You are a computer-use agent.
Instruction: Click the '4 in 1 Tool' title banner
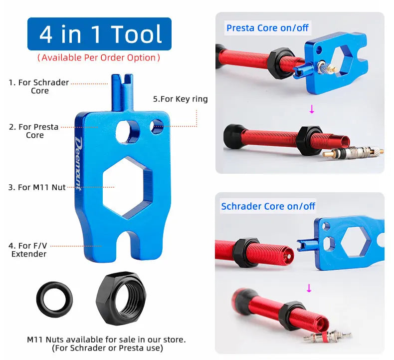[x=99, y=34]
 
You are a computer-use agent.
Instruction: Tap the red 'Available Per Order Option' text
[x=99, y=57]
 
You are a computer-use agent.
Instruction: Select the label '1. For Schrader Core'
[x=39, y=86]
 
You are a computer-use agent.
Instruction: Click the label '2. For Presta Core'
[x=34, y=131]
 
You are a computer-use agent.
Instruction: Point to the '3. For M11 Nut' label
[x=37, y=187]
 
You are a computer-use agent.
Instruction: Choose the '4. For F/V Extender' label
[x=28, y=250]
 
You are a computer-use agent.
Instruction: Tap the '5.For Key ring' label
[x=181, y=99]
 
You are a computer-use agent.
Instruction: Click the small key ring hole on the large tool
[x=156, y=126]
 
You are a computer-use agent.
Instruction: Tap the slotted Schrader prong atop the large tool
[x=122, y=92]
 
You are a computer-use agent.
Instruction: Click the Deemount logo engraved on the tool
[x=78, y=163]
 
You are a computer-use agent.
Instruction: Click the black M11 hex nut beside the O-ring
[x=121, y=298]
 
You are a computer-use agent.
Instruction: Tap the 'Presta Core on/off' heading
[x=267, y=28]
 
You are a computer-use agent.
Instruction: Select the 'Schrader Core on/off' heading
[x=268, y=206]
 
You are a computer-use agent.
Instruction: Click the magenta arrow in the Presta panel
[x=312, y=109]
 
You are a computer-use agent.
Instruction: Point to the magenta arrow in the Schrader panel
[x=309, y=288]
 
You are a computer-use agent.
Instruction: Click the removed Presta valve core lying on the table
[x=353, y=152]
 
